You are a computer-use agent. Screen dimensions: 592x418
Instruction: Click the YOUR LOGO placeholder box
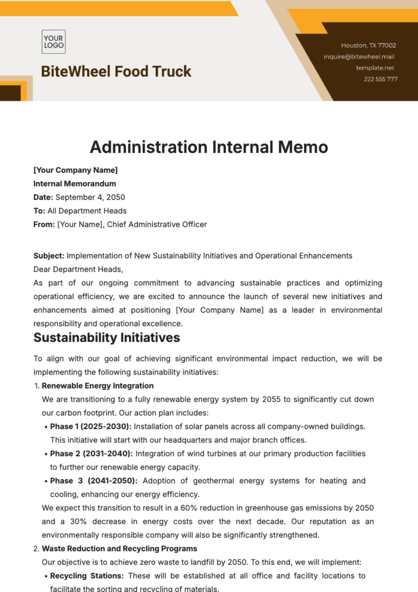[54, 42]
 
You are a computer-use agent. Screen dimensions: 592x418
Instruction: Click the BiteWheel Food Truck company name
[116, 71]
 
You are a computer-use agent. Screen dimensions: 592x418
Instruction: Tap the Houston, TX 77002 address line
[368, 45]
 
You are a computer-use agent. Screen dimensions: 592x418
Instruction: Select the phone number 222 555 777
[380, 79]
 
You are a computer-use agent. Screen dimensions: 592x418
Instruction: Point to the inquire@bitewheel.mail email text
[359, 56]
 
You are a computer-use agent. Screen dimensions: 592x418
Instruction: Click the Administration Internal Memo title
[209, 147]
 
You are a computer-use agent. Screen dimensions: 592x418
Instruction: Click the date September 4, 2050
[90, 197]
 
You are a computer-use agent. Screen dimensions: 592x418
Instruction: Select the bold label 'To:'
[39, 211]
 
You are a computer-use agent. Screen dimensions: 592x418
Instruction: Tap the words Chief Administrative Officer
[157, 224]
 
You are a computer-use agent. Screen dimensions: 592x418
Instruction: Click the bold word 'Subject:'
[49, 256]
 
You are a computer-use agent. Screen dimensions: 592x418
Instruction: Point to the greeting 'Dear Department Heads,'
[78, 269]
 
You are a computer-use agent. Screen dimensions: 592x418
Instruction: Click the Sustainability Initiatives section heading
[107, 338]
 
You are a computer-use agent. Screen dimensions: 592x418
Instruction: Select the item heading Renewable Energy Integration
[98, 386]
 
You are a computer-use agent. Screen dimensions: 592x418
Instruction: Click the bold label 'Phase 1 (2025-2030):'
[91, 426]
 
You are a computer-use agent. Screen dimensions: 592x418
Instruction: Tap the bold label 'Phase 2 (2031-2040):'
[91, 453]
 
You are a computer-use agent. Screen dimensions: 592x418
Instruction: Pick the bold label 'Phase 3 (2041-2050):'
[93, 481]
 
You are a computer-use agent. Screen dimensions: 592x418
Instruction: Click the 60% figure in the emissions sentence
[188, 508]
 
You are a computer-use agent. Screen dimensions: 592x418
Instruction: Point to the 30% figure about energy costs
[78, 521]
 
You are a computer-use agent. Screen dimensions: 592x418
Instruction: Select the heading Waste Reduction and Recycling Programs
[119, 548]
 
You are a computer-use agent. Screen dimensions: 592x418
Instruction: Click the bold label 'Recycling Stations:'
[87, 576]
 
